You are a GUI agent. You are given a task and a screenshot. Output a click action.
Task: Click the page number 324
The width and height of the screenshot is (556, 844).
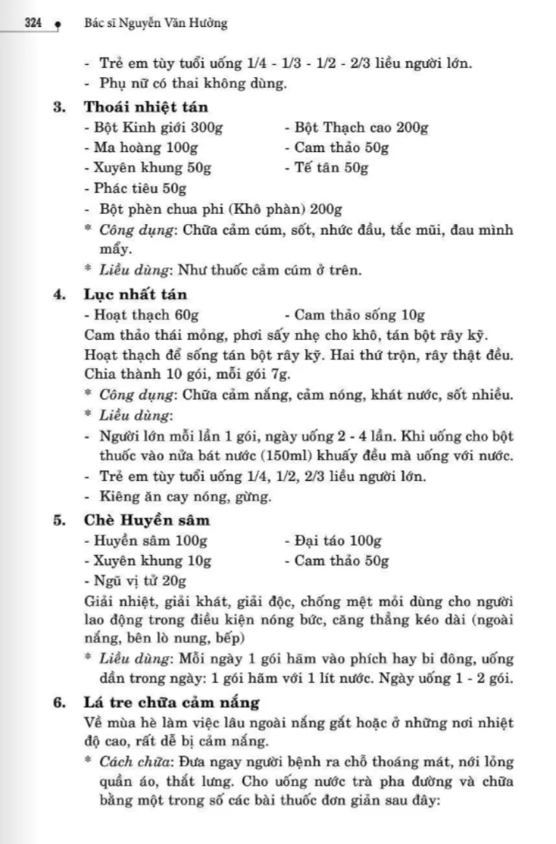pyautogui.click(x=32, y=23)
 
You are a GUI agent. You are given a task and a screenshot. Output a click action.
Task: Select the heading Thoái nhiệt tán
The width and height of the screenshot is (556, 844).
pyautogui.click(x=146, y=107)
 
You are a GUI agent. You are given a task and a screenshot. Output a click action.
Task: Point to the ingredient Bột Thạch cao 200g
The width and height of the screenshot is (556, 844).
pyautogui.click(x=356, y=128)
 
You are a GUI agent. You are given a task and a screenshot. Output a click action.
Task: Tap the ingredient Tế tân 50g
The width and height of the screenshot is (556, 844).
pyautogui.click(x=326, y=169)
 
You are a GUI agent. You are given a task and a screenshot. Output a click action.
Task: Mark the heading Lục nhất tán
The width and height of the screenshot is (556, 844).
pyautogui.click(x=135, y=295)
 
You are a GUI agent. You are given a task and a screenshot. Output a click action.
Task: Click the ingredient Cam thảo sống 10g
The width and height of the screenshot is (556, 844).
pyautogui.click(x=354, y=316)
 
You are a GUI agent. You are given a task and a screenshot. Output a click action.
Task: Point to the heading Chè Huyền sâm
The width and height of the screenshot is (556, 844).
pyautogui.click(x=147, y=520)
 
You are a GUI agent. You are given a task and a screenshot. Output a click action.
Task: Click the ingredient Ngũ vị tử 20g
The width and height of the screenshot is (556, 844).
pyautogui.click(x=135, y=581)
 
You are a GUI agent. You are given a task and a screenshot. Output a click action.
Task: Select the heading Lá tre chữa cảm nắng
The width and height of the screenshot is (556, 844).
pyautogui.click(x=172, y=703)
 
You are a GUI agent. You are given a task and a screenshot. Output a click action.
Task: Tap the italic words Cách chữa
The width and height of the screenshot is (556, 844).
pyautogui.click(x=130, y=763)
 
